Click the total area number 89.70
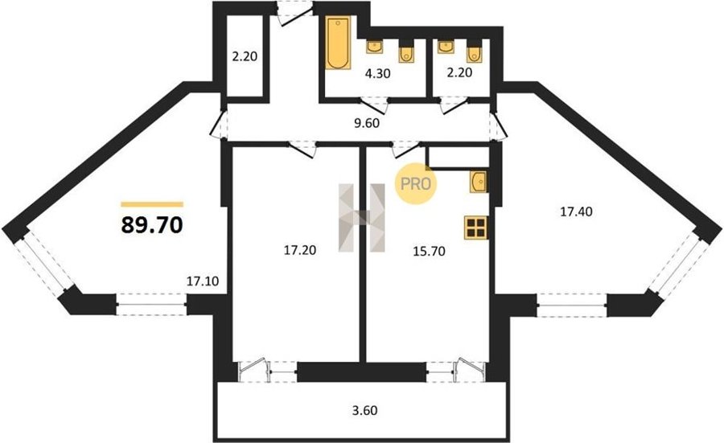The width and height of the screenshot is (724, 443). point(152,225)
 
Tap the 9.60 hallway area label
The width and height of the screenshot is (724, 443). point(366,123)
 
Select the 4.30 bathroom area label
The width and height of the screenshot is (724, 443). point(378,73)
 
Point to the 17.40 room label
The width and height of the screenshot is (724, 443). point(576,211)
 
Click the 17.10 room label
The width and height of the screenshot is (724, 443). point(203,281)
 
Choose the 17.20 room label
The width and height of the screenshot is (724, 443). point(300,250)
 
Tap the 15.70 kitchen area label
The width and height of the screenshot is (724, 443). point(429,251)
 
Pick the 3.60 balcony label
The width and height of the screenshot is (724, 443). point(364,410)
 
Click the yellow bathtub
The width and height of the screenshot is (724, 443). point(338,43)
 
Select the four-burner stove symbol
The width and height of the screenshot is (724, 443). point(475,228)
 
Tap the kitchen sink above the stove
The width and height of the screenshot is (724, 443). point(479,181)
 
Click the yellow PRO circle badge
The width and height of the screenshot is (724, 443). point(416,184)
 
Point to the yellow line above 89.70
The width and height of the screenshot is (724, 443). point(152,204)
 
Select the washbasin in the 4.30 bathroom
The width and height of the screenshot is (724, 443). point(374,47)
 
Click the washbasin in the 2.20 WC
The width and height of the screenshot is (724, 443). point(446,47)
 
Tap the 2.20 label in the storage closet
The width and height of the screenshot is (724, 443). point(245,57)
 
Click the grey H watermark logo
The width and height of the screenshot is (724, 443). point(361,218)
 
